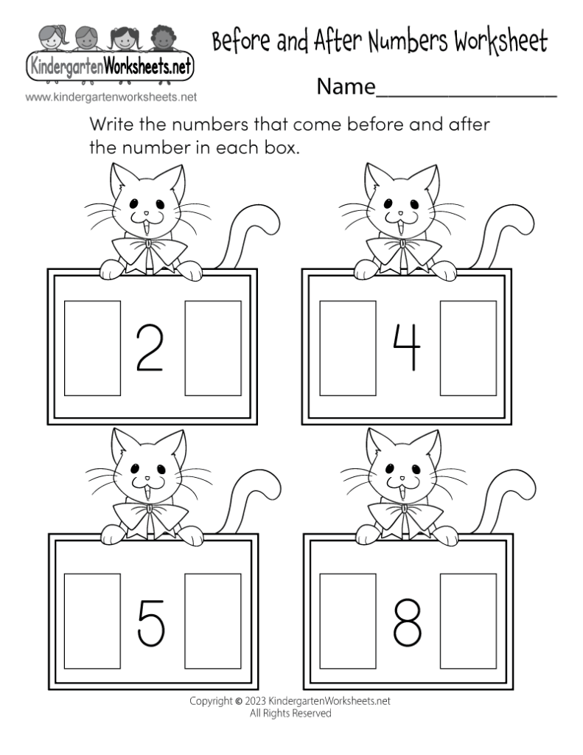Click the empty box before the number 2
coord(92,347)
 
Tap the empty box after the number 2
coord(212,347)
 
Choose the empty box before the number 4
coord(348,347)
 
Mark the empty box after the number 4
coord(468,347)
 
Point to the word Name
coord(346,88)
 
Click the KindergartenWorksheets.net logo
coord(110,69)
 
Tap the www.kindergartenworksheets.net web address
coord(111,97)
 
